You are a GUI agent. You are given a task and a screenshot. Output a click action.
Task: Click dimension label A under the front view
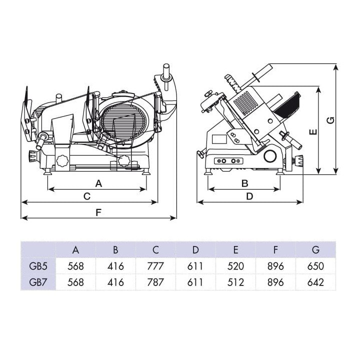click(98, 183)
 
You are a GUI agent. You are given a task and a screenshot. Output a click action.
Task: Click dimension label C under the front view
click(87, 196)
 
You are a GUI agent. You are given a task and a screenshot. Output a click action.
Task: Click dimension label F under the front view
click(98, 212)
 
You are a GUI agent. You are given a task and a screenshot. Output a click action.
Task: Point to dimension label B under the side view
click(244, 183)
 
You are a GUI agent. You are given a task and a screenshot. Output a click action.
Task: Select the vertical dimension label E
click(312, 132)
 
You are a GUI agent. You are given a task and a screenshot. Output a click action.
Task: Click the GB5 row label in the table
click(38, 266)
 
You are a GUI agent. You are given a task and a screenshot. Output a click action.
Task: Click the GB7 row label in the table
click(38, 282)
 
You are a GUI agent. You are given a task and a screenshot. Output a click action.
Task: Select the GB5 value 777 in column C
click(155, 266)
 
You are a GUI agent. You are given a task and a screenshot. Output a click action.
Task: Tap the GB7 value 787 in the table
click(155, 282)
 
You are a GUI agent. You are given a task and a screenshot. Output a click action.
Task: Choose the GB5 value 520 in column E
click(235, 266)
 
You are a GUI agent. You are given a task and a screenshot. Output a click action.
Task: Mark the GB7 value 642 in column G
click(315, 282)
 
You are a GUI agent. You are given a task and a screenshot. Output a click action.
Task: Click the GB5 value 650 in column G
click(315, 266)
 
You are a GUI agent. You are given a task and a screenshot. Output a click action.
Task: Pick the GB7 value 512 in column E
click(235, 282)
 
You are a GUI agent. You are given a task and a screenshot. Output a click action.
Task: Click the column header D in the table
click(195, 249)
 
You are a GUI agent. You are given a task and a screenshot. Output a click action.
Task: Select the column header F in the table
click(275, 249)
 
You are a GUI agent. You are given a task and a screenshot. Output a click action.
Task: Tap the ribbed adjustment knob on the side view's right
click(299, 161)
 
